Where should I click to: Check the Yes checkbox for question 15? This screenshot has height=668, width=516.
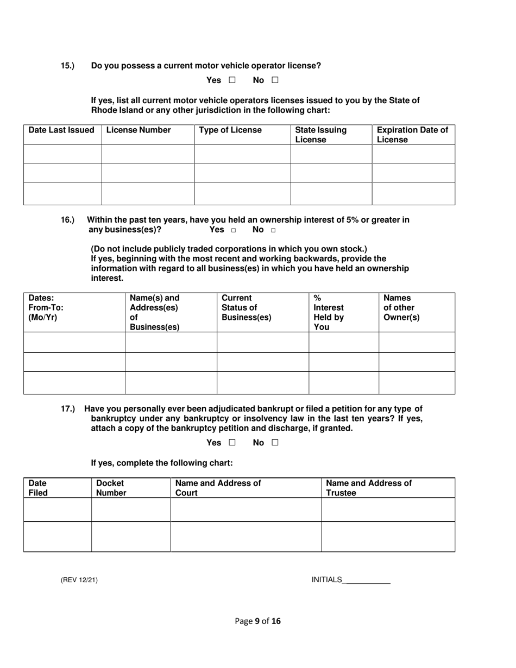coord(232,80)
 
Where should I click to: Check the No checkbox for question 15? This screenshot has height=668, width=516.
coord(275,80)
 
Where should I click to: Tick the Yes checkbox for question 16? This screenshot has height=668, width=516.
coord(234,230)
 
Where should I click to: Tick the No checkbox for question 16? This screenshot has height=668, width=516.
coord(273,230)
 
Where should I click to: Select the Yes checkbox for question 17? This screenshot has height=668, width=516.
coord(232,443)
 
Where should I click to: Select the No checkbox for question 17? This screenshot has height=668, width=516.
coord(275,443)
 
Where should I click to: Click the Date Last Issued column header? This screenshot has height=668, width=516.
coord(61,130)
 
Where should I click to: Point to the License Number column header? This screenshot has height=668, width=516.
coord(139,130)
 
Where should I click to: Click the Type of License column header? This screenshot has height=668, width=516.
coord(230,130)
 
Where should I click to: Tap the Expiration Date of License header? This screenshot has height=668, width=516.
coord(413,135)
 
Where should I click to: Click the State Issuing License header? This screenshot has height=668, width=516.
coord(320,135)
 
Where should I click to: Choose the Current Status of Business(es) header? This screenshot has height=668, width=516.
coord(246,307)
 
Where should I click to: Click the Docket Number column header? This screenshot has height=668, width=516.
coord(111,488)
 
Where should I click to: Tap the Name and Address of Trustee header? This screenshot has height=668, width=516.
coord(369,488)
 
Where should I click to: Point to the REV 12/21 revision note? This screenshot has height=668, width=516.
coord(79,580)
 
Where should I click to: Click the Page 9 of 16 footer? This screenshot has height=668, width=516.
coord(258,621)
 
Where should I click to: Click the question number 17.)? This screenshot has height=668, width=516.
coord(67,409)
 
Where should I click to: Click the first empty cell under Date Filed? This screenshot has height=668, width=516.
coord(58,509)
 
